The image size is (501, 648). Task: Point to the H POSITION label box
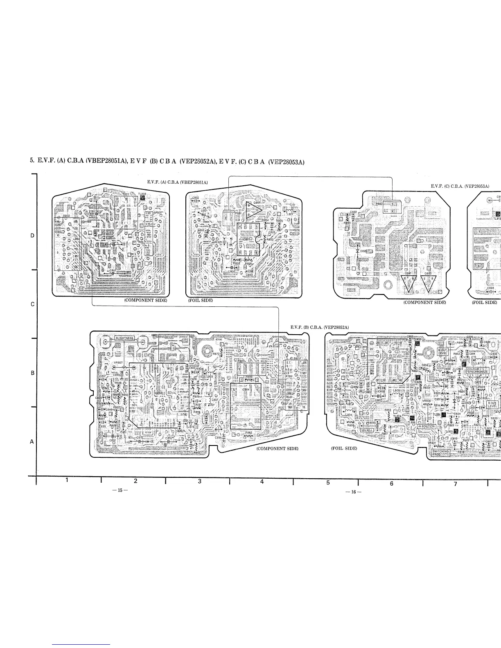click(426, 426)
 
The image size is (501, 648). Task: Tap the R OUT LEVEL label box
click(443, 352)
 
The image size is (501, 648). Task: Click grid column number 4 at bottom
click(262, 481)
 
